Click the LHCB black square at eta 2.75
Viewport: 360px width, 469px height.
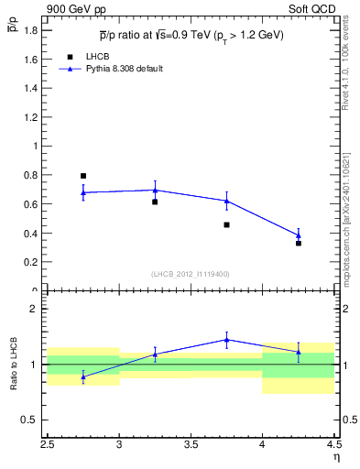coord(83,176)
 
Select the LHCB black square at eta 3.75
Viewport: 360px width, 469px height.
coord(226,224)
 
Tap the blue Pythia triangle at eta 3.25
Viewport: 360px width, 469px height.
coord(155,191)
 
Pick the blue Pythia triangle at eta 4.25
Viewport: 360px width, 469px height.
coord(299,235)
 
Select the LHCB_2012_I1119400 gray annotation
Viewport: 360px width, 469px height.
coord(190,273)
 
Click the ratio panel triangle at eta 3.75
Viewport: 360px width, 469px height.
coord(226,340)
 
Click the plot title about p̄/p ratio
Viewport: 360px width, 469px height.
coord(191,36)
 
